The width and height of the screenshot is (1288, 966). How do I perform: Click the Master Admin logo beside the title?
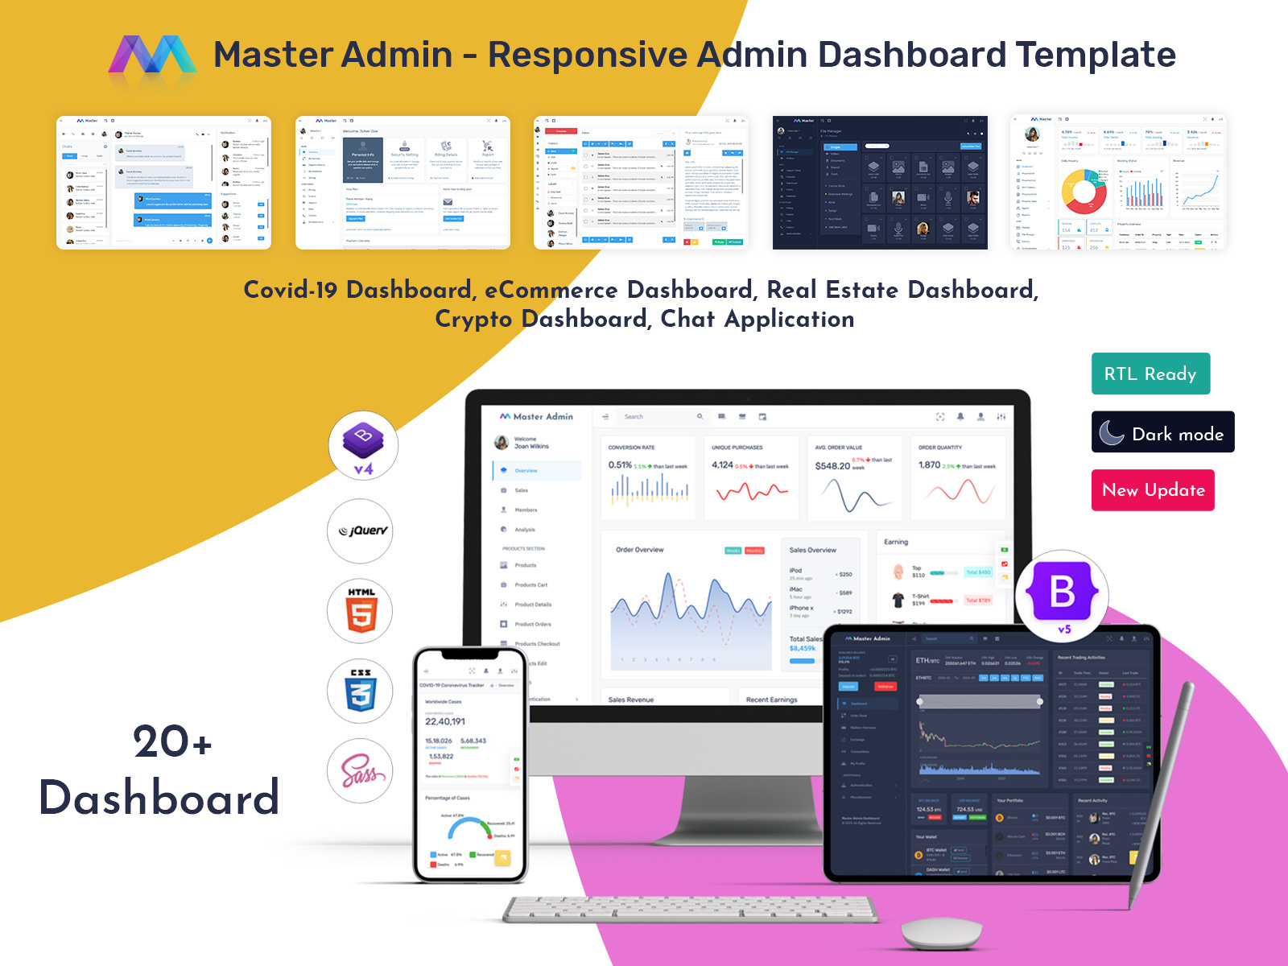pyautogui.click(x=152, y=55)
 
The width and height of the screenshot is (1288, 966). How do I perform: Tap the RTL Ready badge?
pyautogui.click(x=1150, y=374)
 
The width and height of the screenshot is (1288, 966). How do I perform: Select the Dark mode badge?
pyautogui.click(x=1162, y=432)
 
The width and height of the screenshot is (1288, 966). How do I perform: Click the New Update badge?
pyautogui.click(x=1153, y=490)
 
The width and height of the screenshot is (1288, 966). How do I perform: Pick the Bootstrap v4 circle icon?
pyautogui.click(x=363, y=445)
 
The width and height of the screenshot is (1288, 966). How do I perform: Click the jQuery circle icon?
pyautogui.click(x=361, y=530)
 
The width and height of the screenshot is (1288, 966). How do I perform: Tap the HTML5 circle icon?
pyautogui.click(x=360, y=611)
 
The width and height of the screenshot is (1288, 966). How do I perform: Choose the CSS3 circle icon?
pyautogui.click(x=360, y=691)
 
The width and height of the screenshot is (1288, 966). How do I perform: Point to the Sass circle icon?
pyautogui.click(x=360, y=770)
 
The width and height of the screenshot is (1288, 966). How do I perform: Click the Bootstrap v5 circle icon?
pyautogui.click(x=1063, y=596)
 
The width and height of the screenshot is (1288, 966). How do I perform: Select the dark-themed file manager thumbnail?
pyautogui.click(x=880, y=183)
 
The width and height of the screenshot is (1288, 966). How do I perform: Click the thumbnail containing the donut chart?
pyautogui.click(x=1117, y=183)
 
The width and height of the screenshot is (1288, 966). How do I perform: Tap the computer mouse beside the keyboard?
pyautogui.click(x=941, y=932)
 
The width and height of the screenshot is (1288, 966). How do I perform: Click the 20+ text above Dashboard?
pyautogui.click(x=172, y=741)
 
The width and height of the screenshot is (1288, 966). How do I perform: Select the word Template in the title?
pyautogui.click(x=1096, y=55)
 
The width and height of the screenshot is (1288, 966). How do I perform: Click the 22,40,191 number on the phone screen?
pyautogui.click(x=445, y=721)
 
